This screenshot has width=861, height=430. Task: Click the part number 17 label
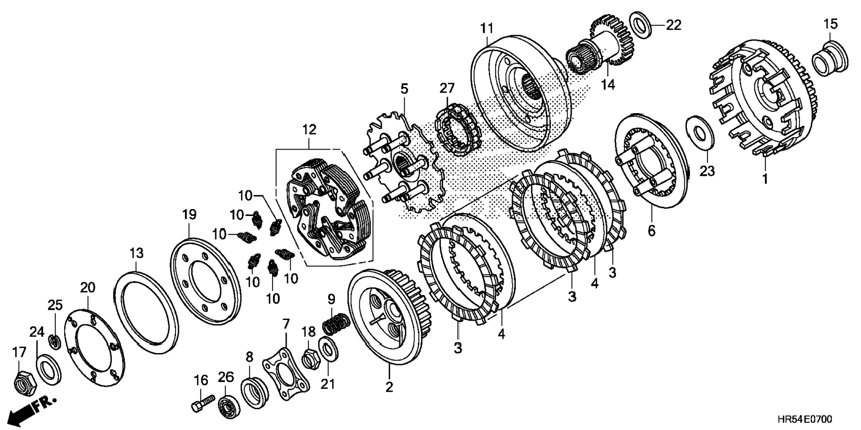coord(19,353)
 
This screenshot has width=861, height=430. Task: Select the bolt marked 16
coord(203,402)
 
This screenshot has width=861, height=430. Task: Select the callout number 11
coord(487,28)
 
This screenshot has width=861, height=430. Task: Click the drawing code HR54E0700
coord(804,419)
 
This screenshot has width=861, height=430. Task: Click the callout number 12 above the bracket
coord(309,130)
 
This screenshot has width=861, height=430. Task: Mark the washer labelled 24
coord(49,367)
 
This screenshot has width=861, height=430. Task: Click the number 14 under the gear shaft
coord(608,85)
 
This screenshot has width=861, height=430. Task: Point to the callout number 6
coord(652,230)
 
